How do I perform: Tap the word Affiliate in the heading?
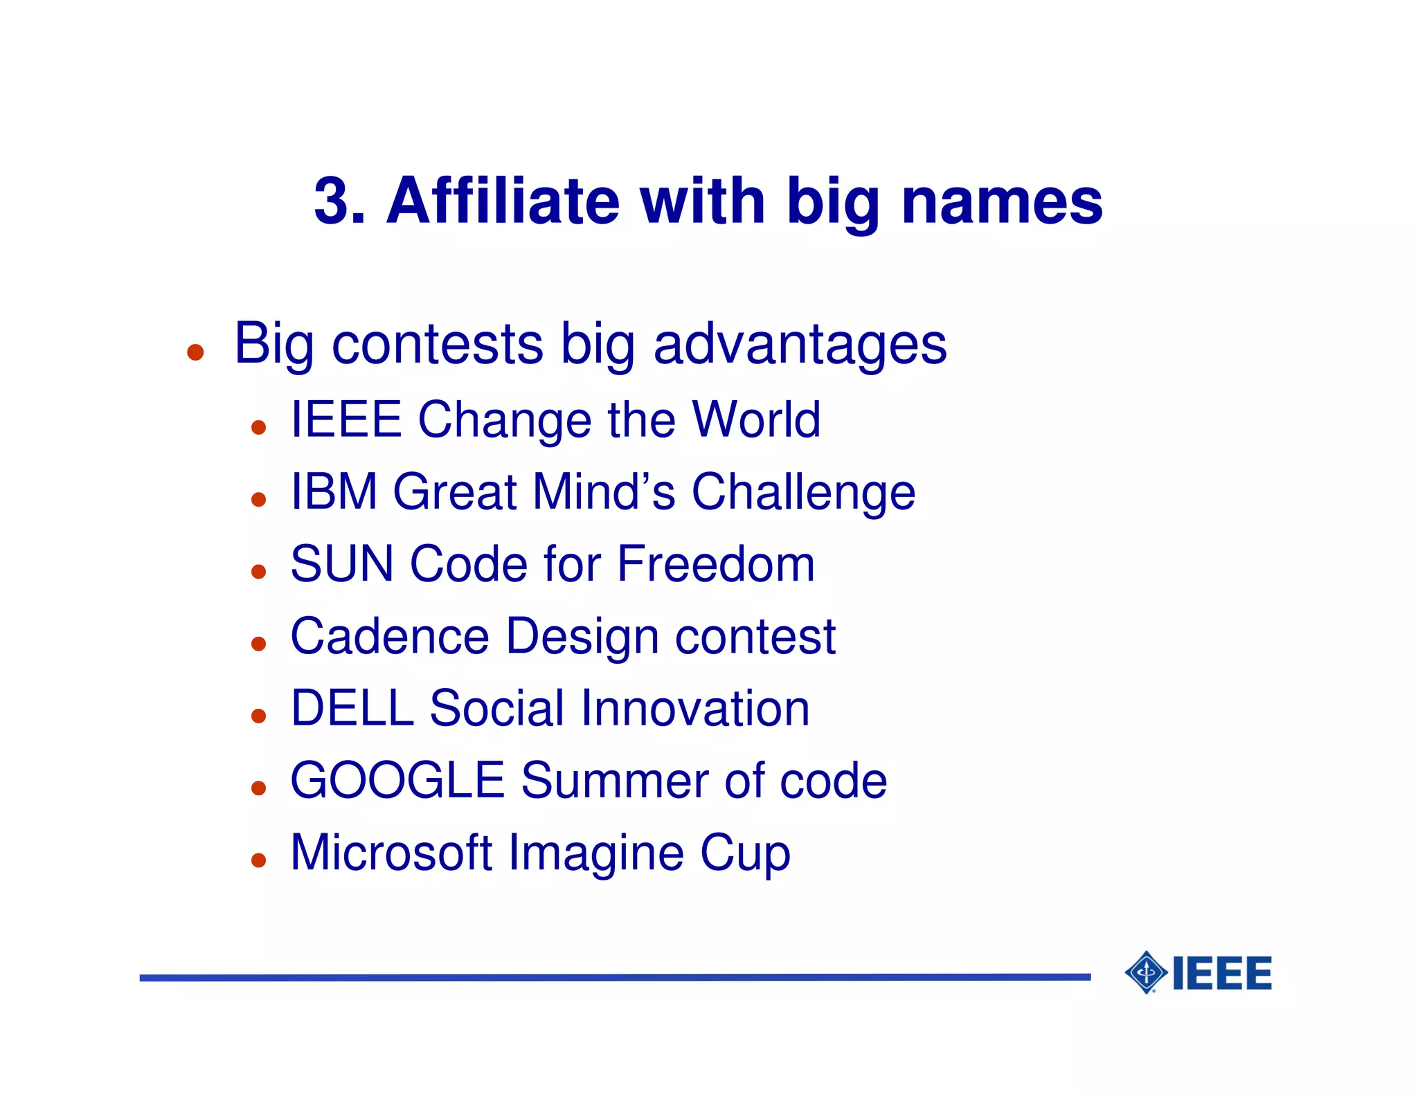pyautogui.click(x=503, y=201)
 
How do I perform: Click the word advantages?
pyautogui.click(x=800, y=345)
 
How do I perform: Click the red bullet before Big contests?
pyautogui.click(x=195, y=352)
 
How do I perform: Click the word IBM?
pyautogui.click(x=334, y=491)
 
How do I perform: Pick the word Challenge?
pyautogui.click(x=803, y=493)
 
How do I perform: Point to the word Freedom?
pyautogui.click(x=716, y=563)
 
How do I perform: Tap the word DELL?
pyautogui.click(x=352, y=708)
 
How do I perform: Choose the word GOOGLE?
pyautogui.click(x=397, y=781)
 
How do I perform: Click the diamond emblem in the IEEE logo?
pyautogui.click(x=1147, y=972)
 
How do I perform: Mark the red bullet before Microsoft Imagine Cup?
pyautogui.click(x=259, y=860)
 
